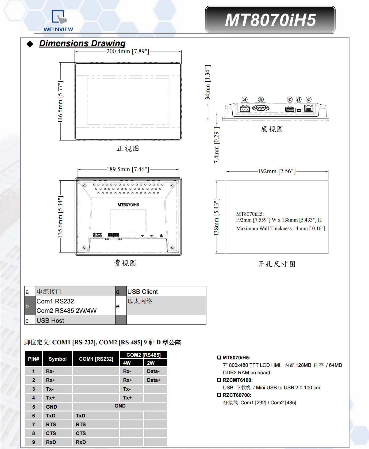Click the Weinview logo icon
pyautogui.click(x=59, y=18)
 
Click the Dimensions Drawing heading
pyautogui.click(x=82, y=43)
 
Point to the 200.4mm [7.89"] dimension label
pyautogui.click(x=128, y=51)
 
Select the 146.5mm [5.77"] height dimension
pyautogui.click(x=60, y=102)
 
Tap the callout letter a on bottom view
pyautogui.click(x=244, y=100)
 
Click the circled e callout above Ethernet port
pyautogui.click(x=309, y=100)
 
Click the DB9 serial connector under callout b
pyautogui.click(x=261, y=108)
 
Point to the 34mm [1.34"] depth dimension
pyautogui.click(x=208, y=82)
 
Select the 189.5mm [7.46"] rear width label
pyautogui.click(x=128, y=169)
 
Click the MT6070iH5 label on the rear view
pyautogui.click(x=128, y=205)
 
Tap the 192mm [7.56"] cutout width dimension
pyautogui.click(x=276, y=171)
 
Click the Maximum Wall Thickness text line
pyautogui.click(x=280, y=229)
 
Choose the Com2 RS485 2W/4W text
pyautogui.click(x=67, y=311)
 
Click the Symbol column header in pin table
pyautogui.click(x=57, y=359)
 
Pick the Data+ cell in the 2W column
pyautogui.click(x=154, y=380)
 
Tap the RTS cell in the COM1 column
pyautogui.click(x=81, y=425)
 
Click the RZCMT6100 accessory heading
pyautogui.click(x=237, y=380)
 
